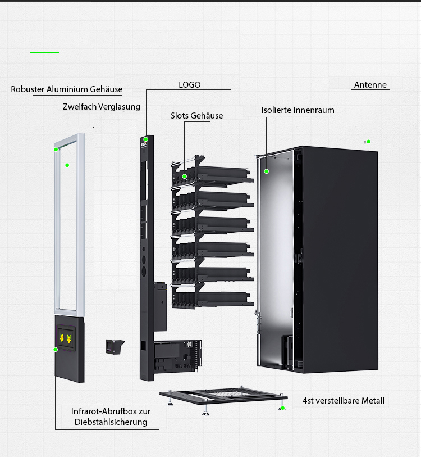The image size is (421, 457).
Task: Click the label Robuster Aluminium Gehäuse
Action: point(66,89)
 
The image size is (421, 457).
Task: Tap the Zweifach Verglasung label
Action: point(102,107)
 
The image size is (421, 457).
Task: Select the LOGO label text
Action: point(189,85)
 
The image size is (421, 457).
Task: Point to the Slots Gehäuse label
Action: point(196,116)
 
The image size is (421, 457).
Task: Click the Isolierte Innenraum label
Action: point(298,110)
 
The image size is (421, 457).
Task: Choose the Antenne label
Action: point(370,85)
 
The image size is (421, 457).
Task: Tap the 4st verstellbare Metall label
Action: point(344,401)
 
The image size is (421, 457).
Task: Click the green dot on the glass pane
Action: point(67,165)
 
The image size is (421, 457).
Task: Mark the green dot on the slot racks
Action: point(184,177)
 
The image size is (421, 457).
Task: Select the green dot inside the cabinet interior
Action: point(267,171)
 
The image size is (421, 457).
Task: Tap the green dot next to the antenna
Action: point(369,142)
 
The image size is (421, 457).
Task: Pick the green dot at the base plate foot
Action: point(283,408)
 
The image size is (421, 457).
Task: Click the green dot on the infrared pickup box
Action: point(56,350)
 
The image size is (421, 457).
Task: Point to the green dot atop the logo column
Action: point(145,139)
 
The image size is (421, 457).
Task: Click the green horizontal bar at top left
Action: point(44,52)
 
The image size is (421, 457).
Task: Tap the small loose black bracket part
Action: point(115,346)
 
